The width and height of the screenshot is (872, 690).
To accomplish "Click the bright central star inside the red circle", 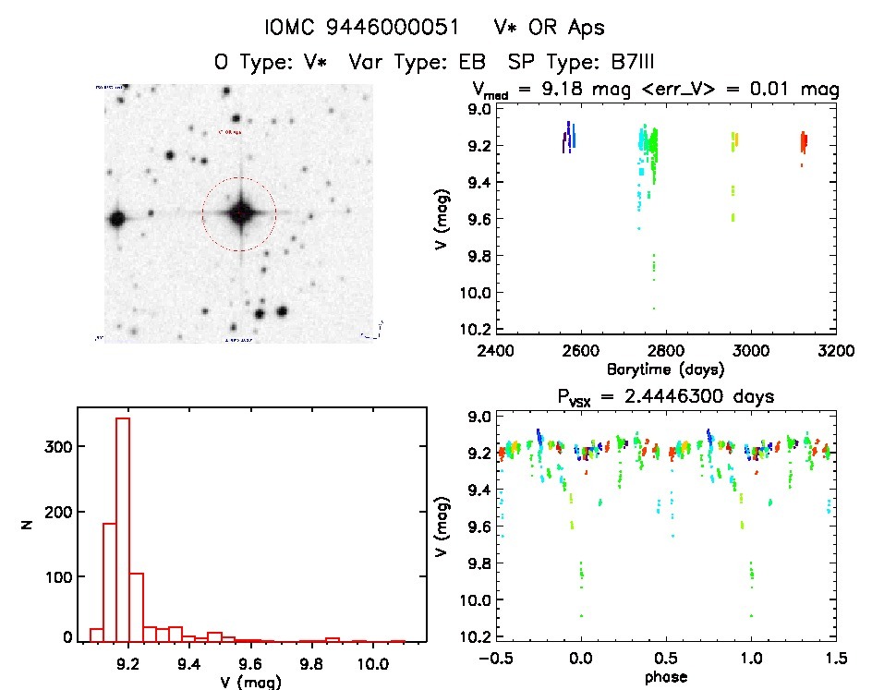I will (x=239, y=213).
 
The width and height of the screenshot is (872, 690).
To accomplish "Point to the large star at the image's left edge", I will (x=116, y=220).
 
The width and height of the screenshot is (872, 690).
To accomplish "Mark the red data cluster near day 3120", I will (x=804, y=143).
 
